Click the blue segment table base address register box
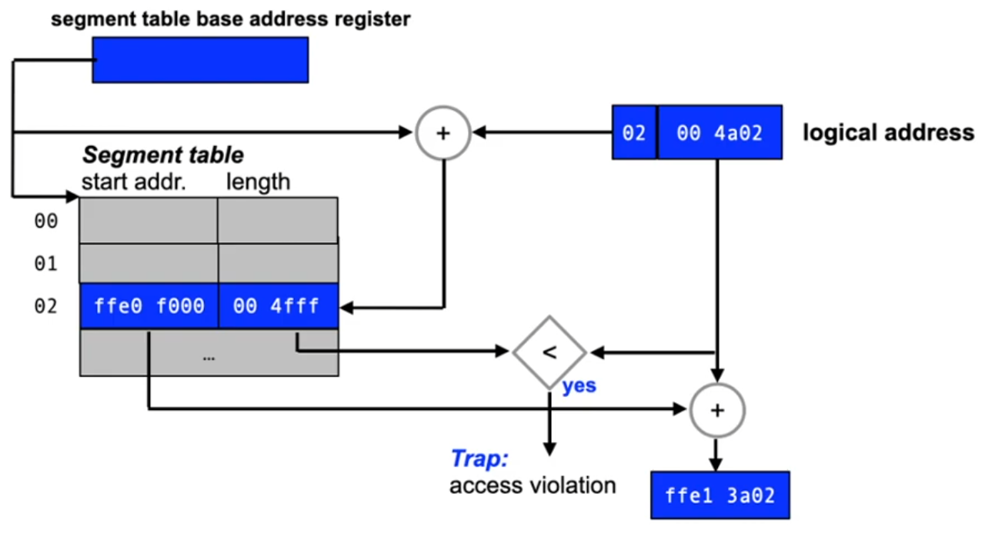pos(200,60)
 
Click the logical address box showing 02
pos(634,132)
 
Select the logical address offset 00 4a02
pos(720,132)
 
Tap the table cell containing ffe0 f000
pos(149,306)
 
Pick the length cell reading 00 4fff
pos(278,306)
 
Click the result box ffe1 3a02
pos(720,495)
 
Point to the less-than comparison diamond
pos(549,352)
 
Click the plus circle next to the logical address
pos(442,133)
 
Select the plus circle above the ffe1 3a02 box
pos(717,410)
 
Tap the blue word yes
pos(579,385)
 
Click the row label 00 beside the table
pos(46,222)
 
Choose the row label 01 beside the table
pos(46,264)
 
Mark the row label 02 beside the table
pos(46,306)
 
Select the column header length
pos(259,182)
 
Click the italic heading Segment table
pos(163,155)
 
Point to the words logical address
pos(888,132)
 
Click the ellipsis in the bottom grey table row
pos(209,358)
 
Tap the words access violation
pos(533,486)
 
